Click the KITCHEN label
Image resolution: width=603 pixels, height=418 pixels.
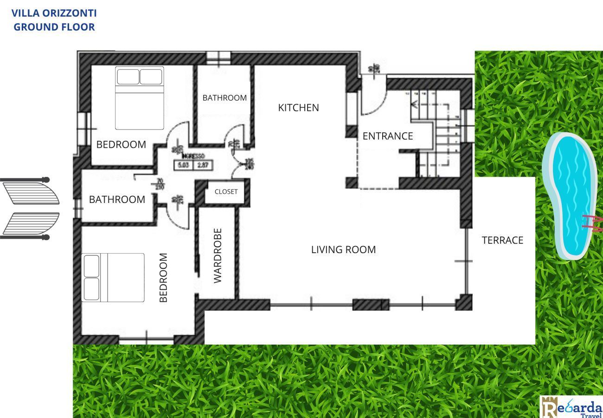[298, 108]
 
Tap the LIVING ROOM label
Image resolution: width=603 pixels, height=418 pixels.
[343, 250]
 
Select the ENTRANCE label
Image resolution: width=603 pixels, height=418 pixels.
[387, 136]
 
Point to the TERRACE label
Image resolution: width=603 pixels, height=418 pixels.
[502, 240]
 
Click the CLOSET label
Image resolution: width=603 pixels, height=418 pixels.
[226, 192]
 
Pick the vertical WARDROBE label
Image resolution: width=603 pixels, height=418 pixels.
[218, 255]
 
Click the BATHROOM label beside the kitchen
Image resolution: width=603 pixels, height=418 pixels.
[225, 98]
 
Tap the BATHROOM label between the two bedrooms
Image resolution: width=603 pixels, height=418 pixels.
[117, 200]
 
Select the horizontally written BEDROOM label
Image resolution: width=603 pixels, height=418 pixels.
[121, 144]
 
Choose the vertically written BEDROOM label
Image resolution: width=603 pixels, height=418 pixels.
[163, 278]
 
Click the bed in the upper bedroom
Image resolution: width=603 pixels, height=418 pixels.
[139, 98]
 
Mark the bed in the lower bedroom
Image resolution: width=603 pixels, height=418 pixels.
[113, 277]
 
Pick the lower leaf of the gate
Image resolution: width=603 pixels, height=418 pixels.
[30, 224]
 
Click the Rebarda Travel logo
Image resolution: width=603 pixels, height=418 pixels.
[571, 407]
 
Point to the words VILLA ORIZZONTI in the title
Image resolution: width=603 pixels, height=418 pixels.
[54, 13]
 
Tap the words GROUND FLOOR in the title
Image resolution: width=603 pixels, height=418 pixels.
[54, 27]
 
